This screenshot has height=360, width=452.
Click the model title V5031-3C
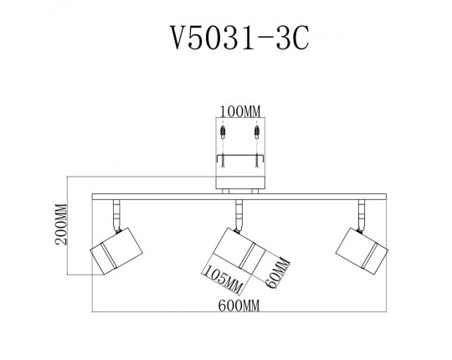coord(239,38)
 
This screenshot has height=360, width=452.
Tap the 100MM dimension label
coord(240,111)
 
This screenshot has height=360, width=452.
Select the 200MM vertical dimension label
coord(61,224)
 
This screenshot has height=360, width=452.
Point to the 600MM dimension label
coord(239,306)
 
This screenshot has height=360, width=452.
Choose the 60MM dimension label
coord(277,273)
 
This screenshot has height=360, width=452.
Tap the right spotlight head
coord(362,251)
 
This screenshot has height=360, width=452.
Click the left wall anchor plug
coord(223,131)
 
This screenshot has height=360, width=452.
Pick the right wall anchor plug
coord(257,131)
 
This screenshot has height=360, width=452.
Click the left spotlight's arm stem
coord(116,216)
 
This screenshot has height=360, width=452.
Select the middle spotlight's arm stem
coord(239,216)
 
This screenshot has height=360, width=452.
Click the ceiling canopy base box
coord(240,183)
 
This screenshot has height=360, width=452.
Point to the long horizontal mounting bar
coord(239,197)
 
